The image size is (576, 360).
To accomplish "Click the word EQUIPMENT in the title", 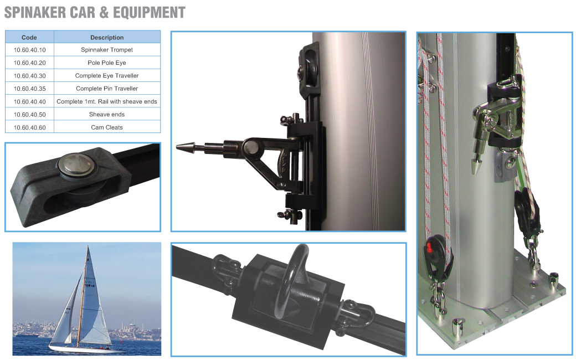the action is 149,13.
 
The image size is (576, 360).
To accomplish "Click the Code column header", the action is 29,37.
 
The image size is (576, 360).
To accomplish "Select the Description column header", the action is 107,37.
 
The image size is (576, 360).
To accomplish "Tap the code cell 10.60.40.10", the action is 29,50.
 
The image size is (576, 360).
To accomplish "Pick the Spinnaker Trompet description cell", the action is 107,50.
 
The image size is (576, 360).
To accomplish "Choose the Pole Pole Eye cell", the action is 107,63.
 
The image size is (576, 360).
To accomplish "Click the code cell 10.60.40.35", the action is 29,89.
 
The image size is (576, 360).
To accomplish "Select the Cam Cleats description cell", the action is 107,127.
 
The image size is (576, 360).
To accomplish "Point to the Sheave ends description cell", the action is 107,115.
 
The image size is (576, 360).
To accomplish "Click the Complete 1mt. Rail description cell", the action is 107,101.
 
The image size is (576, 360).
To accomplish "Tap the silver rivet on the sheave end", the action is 76,163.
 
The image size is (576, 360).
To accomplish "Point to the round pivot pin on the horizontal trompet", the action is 251,147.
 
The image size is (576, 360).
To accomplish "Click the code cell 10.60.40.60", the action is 29,127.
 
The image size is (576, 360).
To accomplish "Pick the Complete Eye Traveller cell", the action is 107,76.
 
